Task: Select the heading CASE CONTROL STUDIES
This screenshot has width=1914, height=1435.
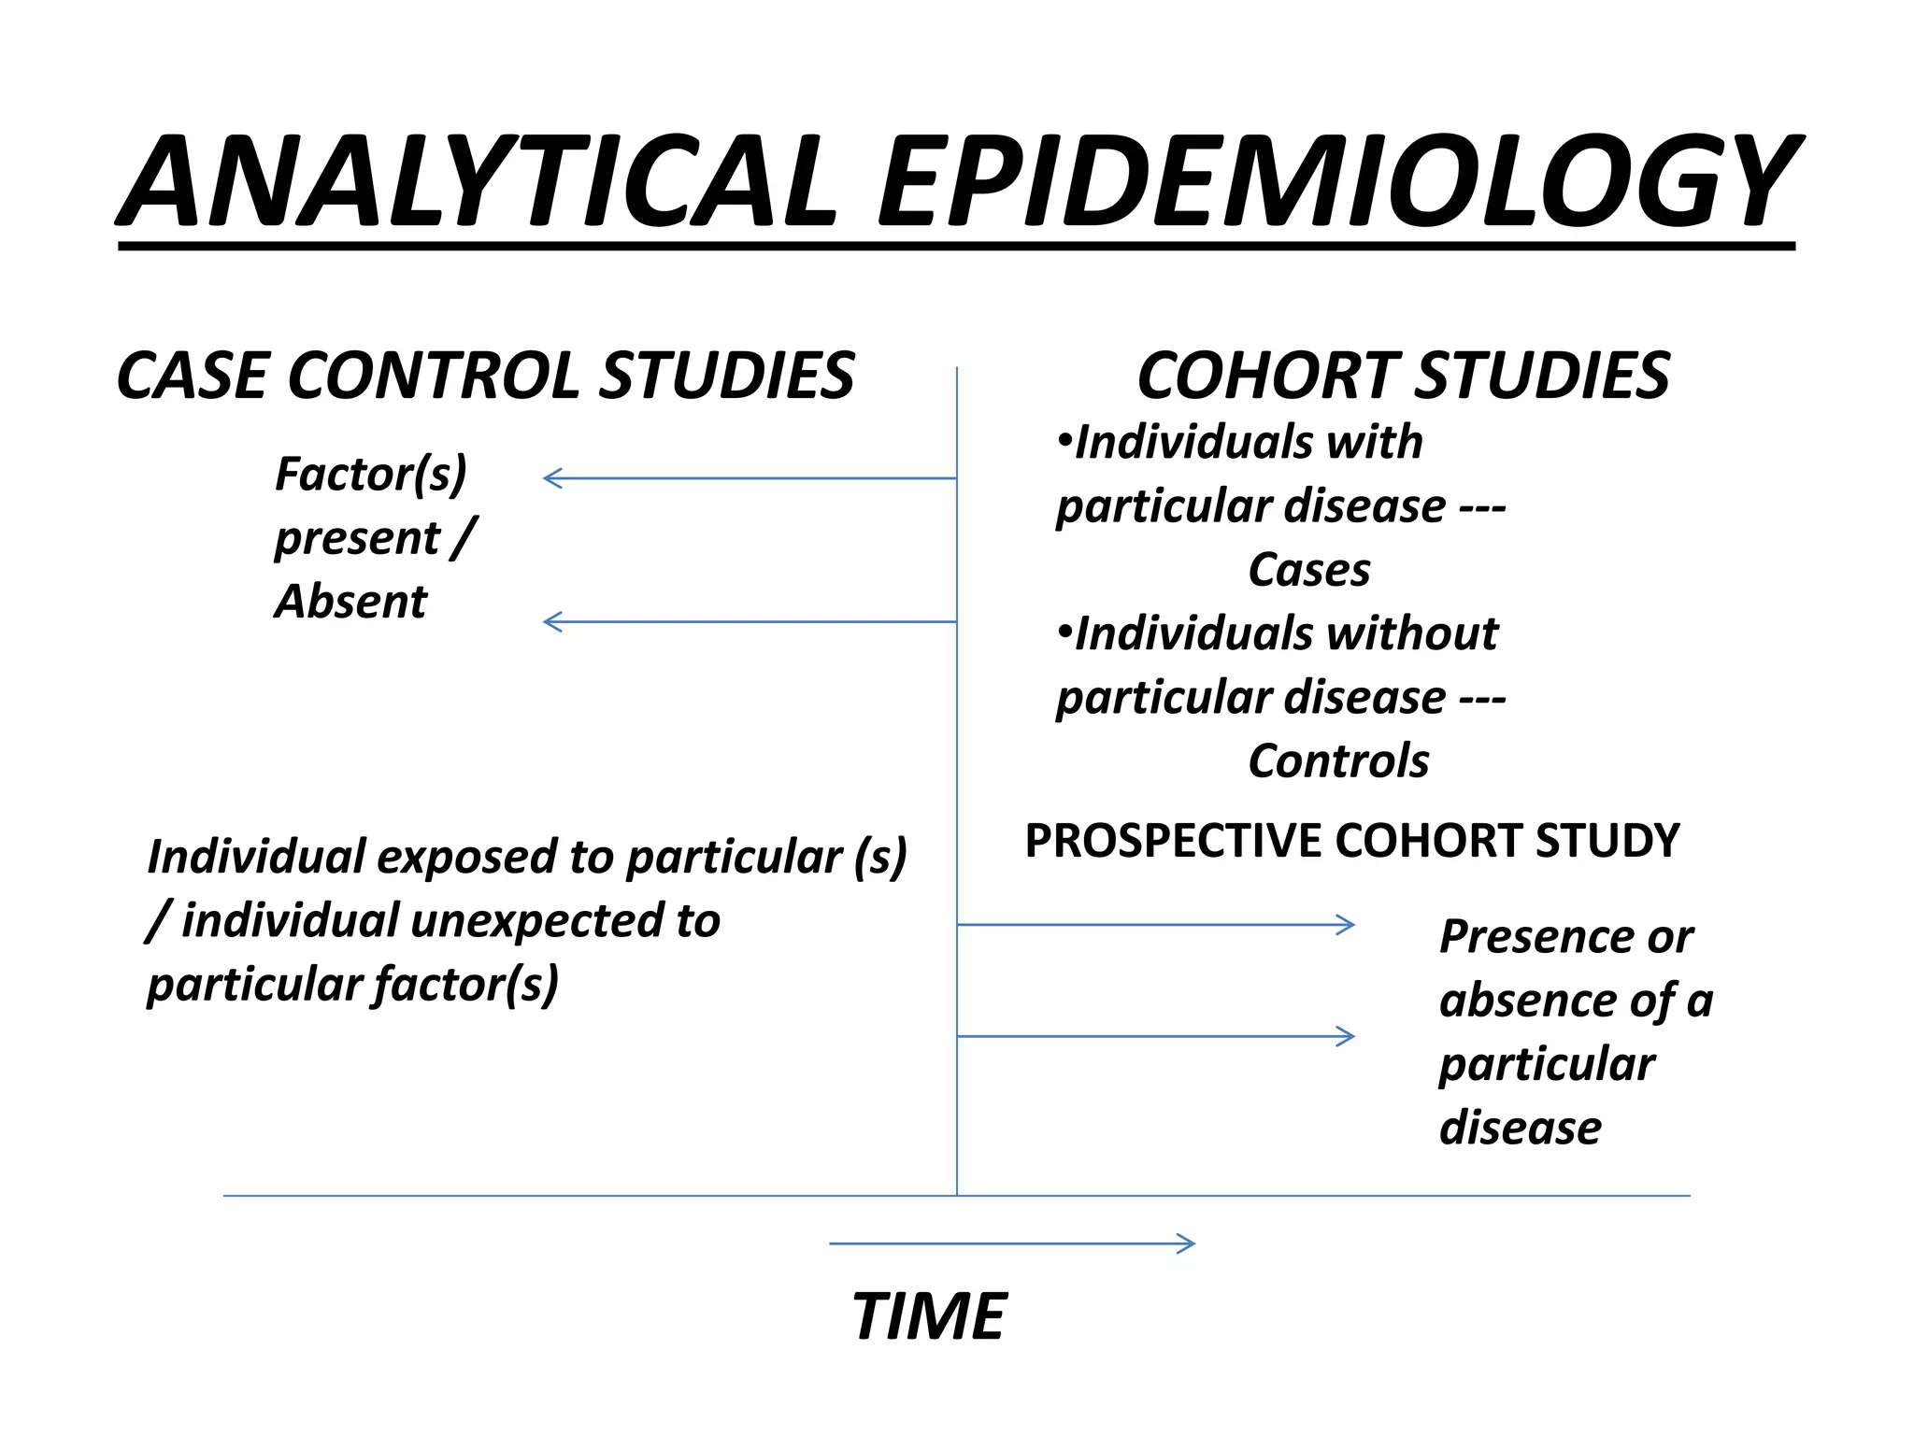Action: [485, 376]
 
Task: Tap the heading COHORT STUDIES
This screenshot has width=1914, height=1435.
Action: [1403, 376]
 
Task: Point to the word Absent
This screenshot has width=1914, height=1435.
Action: [350, 601]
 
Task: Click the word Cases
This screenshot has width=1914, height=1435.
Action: [1309, 570]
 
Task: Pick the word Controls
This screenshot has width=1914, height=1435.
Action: [1338, 761]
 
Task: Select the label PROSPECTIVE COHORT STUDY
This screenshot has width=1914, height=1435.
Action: [1351, 841]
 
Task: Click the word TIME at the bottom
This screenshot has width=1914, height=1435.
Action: [929, 1316]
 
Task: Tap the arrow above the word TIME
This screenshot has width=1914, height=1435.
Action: [1012, 1243]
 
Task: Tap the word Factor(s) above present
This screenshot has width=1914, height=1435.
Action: [371, 475]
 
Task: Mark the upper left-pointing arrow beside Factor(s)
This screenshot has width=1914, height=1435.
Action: [748, 478]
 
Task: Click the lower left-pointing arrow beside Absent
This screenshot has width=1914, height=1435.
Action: [748, 621]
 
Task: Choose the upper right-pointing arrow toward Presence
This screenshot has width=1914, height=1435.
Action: [1156, 925]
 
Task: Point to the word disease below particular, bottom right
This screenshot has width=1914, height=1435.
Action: [1520, 1128]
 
